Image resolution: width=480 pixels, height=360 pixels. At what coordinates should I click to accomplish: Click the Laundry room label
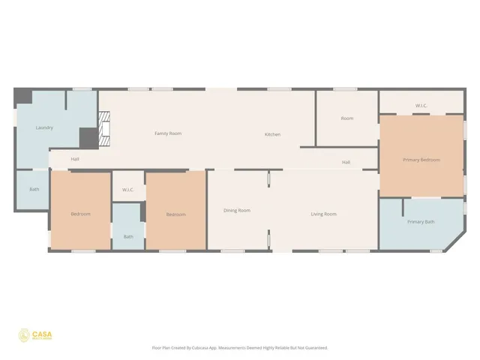(44, 127)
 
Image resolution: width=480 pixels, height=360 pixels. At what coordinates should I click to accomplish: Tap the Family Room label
(168, 133)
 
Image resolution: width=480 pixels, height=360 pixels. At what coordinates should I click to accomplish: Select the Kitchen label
(272, 134)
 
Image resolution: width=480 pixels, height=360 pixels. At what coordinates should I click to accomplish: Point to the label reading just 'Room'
(346, 118)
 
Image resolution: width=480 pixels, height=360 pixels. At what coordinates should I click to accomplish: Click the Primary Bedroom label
(421, 160)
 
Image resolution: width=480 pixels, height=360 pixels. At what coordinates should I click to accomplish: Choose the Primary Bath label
(420, 222)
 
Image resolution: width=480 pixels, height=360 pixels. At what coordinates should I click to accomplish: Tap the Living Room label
(323, 214)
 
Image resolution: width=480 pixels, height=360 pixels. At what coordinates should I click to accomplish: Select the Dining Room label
(236, 211)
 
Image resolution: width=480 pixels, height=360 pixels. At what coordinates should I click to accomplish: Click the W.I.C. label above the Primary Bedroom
(421, 106)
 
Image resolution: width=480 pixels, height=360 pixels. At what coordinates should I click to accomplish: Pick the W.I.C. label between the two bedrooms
(127, 189)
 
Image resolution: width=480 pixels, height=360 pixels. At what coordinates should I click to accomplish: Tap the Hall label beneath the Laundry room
(75, 159)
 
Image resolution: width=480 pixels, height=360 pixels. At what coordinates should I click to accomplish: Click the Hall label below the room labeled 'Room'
(346, 162)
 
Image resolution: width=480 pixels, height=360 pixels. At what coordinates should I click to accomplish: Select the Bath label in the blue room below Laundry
(34, 189)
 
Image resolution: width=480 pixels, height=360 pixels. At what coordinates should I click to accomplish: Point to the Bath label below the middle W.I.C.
(128, 237)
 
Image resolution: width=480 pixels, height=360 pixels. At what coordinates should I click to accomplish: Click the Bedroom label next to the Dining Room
(175, 214)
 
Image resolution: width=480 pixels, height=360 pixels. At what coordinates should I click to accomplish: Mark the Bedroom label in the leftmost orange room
(80, 214)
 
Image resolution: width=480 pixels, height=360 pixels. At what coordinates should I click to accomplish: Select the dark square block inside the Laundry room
(88, 137)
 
